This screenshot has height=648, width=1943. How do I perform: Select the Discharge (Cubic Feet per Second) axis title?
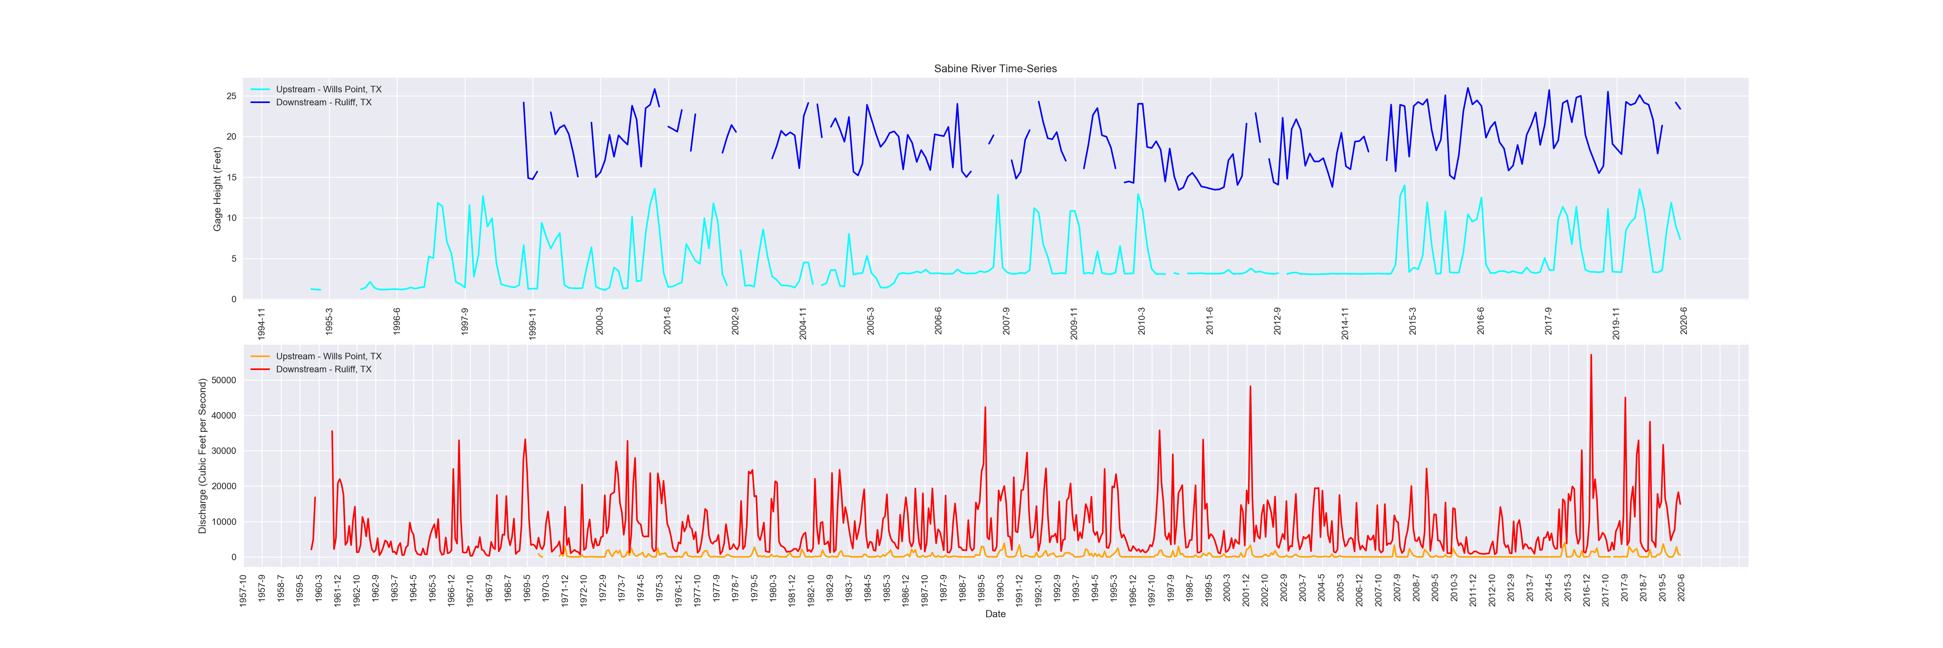coord(202,457)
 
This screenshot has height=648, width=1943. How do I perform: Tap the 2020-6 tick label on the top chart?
coord(1684,321)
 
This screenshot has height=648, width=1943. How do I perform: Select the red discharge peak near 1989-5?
coord(985,408)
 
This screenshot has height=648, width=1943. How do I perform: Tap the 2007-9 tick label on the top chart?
coord(1006,321)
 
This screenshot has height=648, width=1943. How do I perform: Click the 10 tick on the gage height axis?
coord(232,218)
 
